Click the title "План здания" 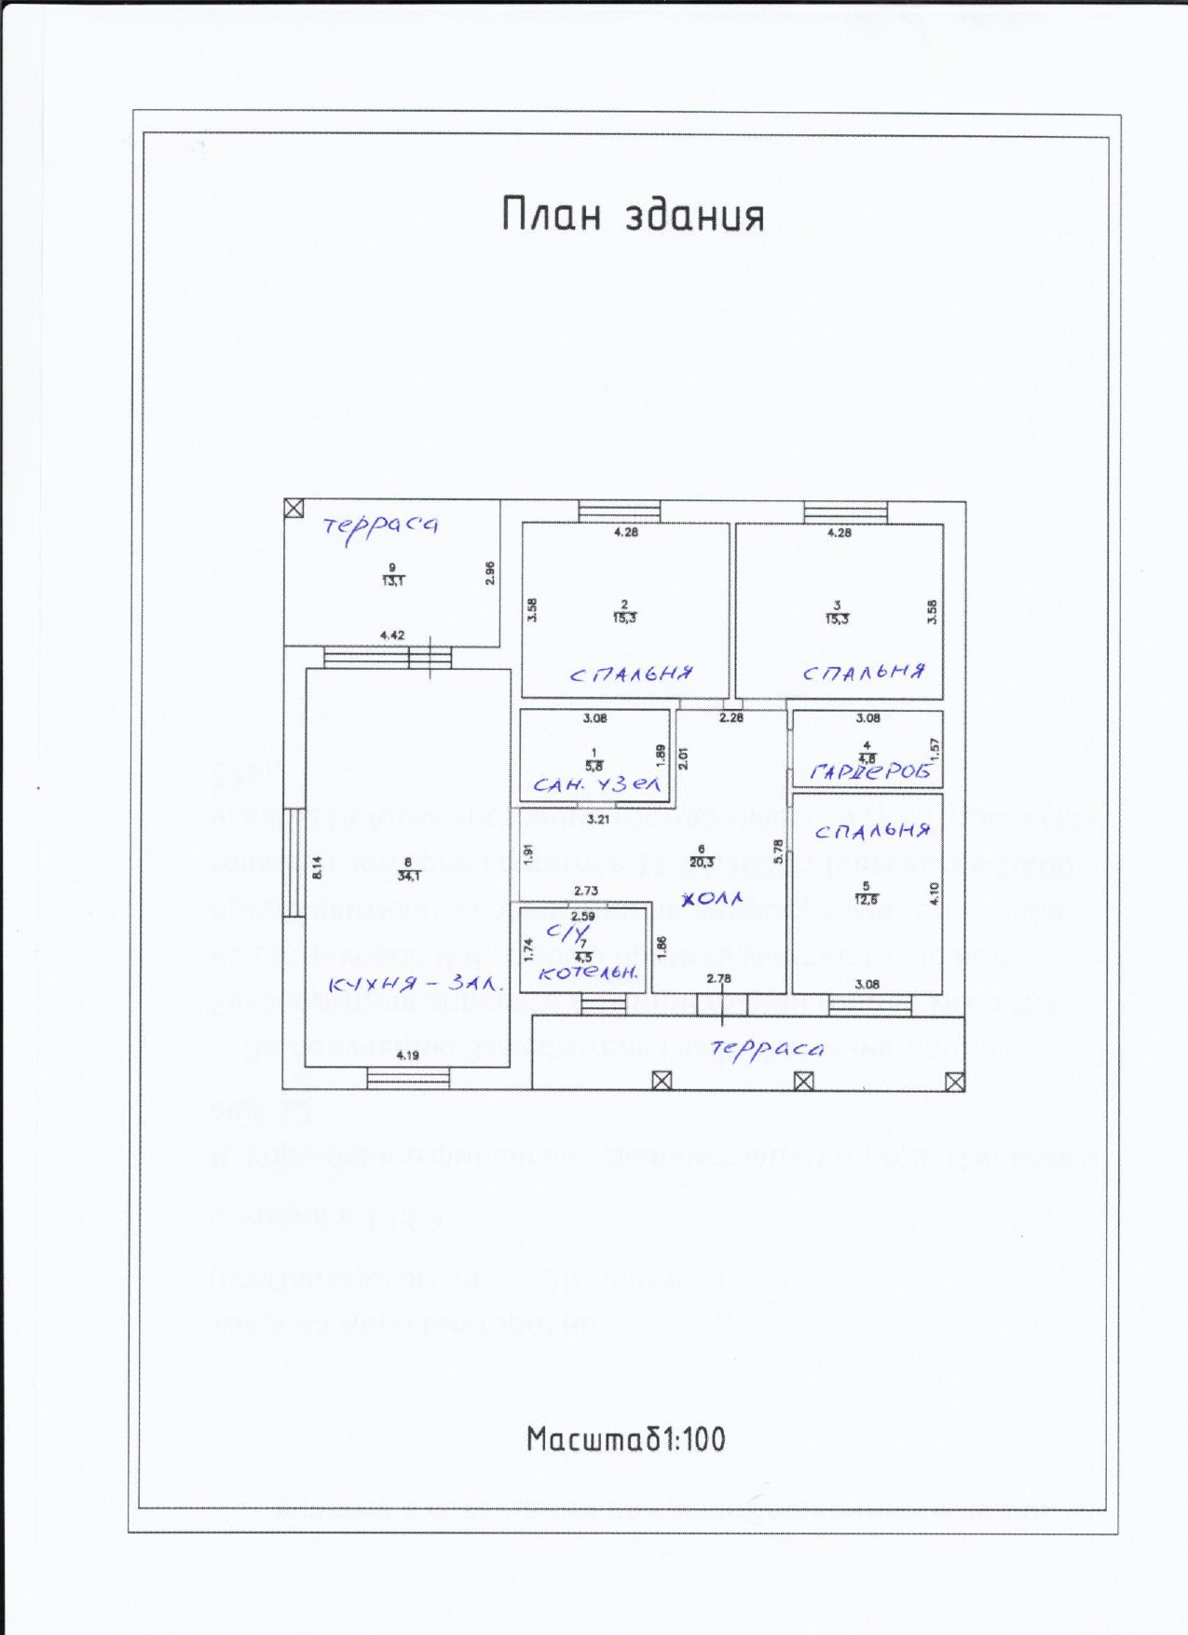coord(633,214)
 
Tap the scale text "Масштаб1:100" coord(625,1438)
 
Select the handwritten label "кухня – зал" coord(416,984)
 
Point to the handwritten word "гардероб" coord(869,771)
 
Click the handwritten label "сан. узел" coord(596,784)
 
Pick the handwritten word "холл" coord(713,899)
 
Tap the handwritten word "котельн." coord(589,973)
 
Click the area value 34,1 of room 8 coord(408,876)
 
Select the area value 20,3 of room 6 coord(702,863)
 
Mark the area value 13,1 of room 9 coord(392,580)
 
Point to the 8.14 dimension coord(317,868)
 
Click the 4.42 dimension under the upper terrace coord(392,635)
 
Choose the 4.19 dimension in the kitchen coord(407,1056)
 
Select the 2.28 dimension coord(731,717)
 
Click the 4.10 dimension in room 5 coord(935,893)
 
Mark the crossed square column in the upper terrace coord(294,508)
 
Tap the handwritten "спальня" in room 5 coord(872,829)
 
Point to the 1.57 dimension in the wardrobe coord(935,748)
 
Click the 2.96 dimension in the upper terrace coord(490,572)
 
